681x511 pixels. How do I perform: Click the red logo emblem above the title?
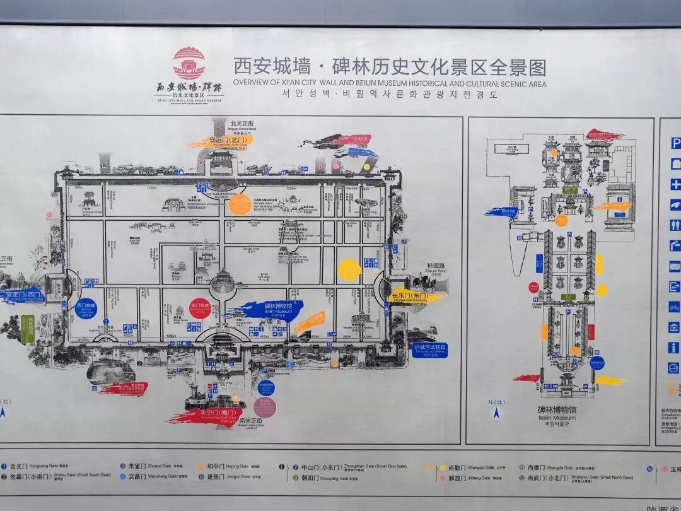point(189,63)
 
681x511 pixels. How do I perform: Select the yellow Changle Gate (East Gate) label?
point(412,296)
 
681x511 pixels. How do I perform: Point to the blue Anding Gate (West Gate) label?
point(21,295)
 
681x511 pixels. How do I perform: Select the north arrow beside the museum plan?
point(496,413)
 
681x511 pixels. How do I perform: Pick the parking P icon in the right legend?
point(675,144)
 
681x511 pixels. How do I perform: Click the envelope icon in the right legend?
point(675,266)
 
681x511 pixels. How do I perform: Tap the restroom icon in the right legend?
point(675,225)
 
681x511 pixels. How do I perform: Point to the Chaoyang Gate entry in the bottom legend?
point(319,478)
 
